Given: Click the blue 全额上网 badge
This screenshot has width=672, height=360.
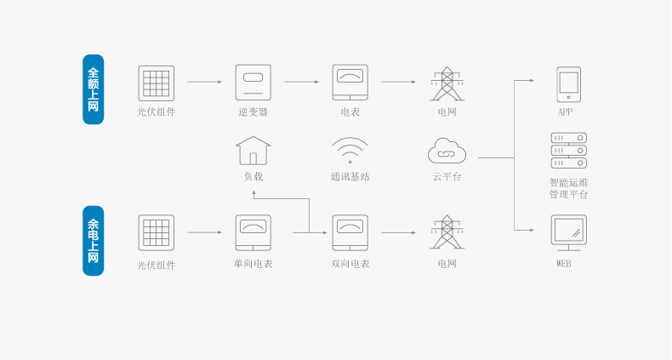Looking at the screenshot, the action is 93,89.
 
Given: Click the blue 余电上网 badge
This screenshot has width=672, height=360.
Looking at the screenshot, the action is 93,241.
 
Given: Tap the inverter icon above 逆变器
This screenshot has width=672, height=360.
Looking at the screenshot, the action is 253,83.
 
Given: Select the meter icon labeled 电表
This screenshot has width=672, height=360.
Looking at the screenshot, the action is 350,83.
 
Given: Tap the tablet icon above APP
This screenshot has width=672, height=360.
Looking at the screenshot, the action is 569,84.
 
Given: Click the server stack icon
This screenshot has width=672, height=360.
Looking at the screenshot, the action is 569,151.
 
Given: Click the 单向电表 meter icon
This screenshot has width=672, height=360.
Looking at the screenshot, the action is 253,232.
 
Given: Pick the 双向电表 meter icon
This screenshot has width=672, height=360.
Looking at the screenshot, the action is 350,232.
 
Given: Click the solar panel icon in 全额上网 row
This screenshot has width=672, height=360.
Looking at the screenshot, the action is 156,83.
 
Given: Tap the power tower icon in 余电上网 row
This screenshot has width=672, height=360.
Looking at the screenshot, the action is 447,231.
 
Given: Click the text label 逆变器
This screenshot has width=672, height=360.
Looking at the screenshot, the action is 253,111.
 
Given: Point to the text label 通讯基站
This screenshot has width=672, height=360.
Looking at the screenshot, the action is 350,176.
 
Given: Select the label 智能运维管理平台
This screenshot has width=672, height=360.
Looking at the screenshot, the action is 569,189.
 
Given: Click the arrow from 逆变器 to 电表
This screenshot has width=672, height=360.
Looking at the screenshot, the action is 302,82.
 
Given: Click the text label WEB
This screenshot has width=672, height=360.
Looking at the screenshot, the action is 564,264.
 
